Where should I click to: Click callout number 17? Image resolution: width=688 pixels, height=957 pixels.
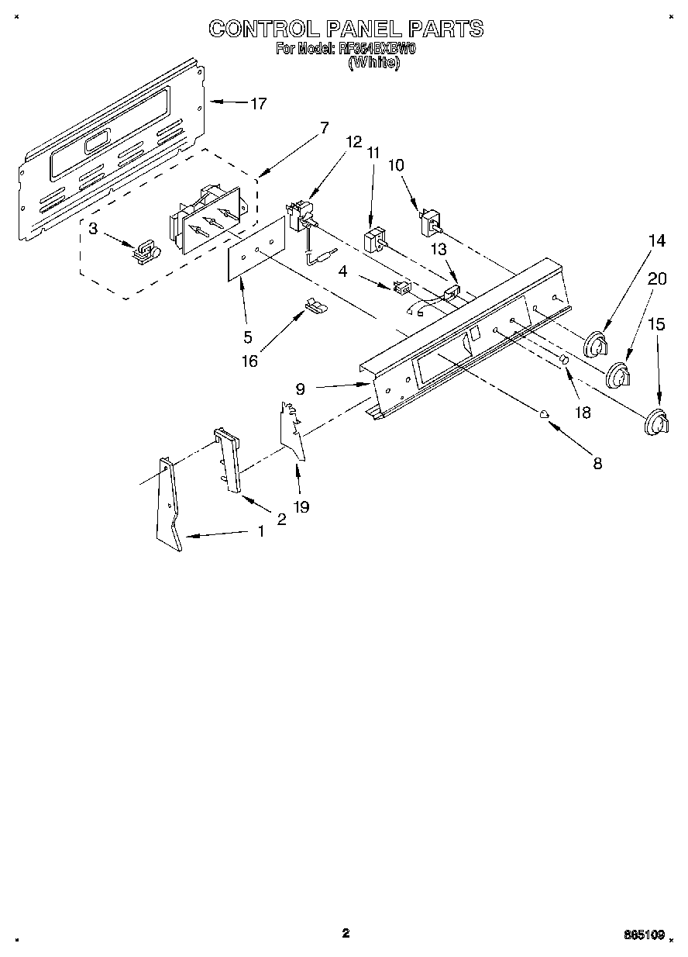point(258,103)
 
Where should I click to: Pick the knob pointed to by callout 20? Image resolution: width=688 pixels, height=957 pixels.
point(619,376)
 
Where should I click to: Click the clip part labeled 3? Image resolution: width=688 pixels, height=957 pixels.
point(145,250)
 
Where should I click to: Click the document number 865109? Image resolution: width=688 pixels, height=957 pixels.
point(646,936)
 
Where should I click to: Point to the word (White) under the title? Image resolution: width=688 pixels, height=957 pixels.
point(374,64)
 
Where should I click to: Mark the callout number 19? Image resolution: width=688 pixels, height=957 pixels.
point(301,506)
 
